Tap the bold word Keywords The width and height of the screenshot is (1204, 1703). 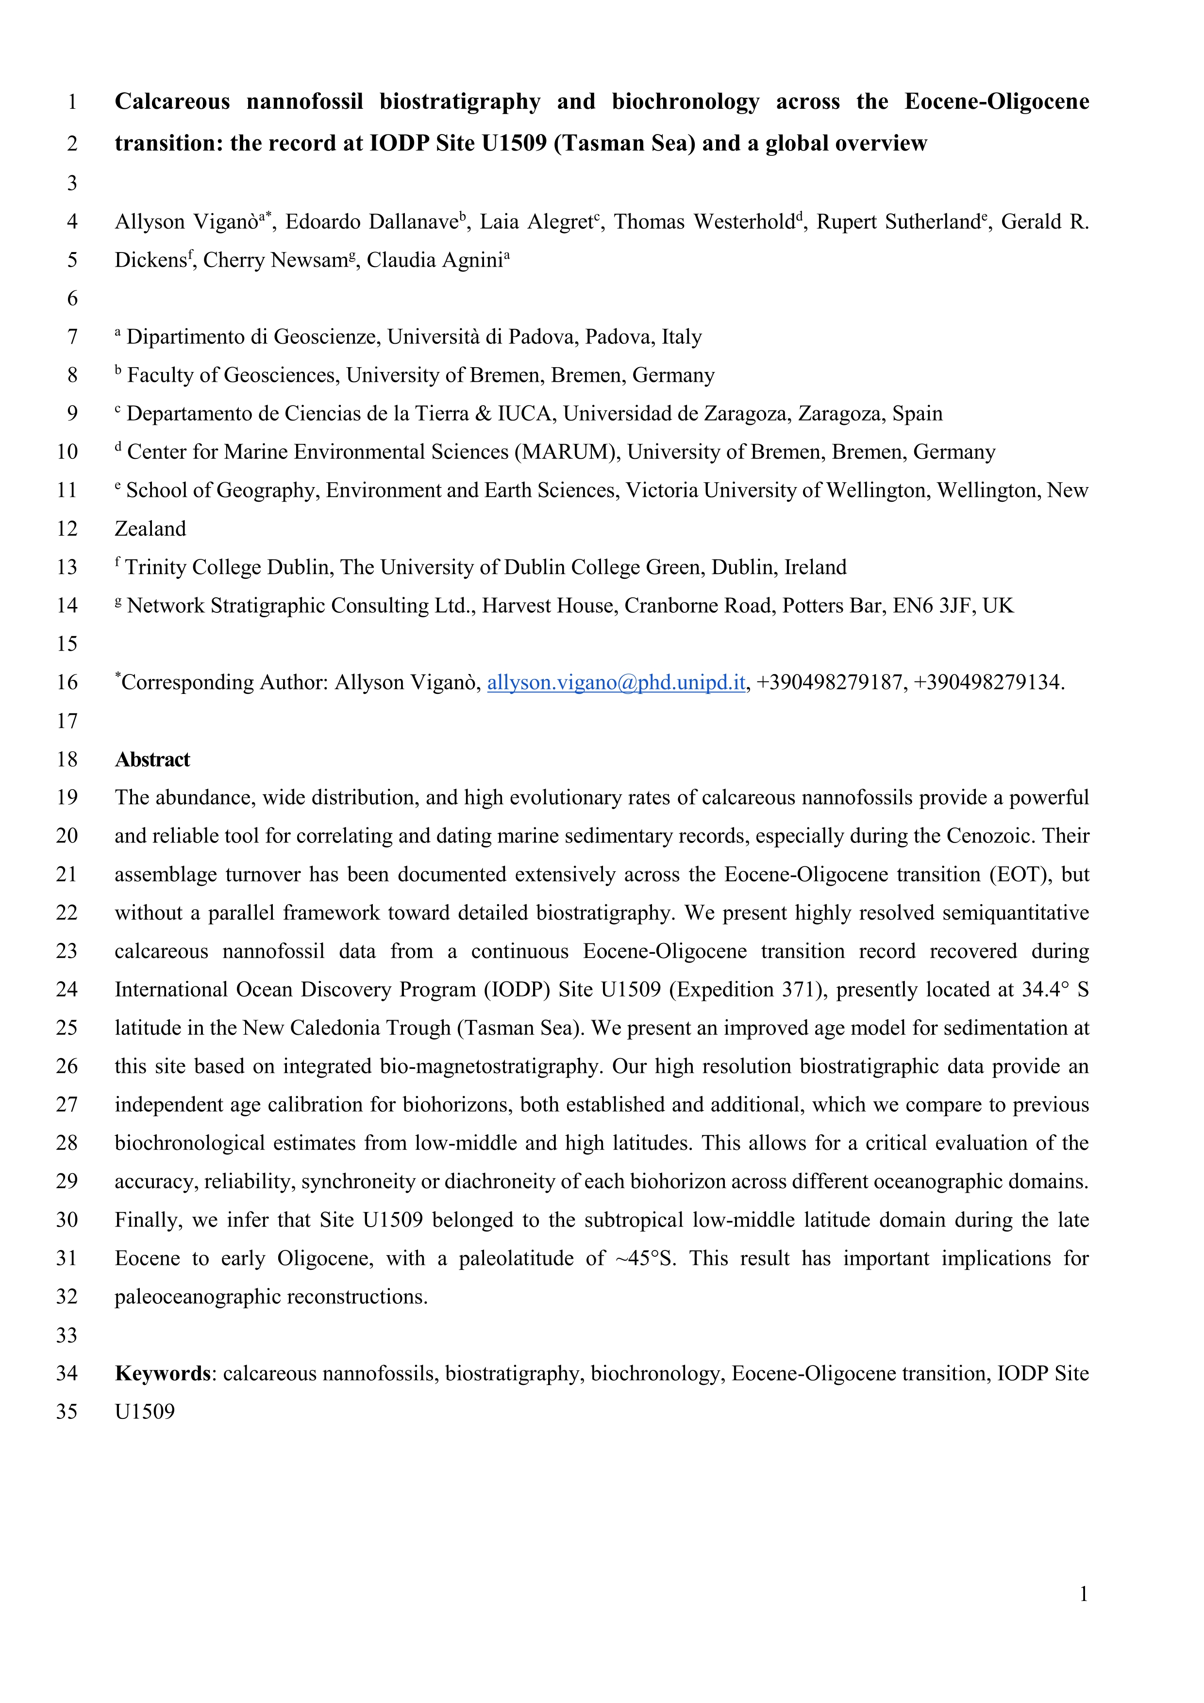tap(162, 1374)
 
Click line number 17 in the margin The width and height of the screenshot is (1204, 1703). tap(67, 721)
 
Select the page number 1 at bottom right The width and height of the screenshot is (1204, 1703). tap(1083, 1593)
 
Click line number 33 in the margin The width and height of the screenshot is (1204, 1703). tap(67, 1335)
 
